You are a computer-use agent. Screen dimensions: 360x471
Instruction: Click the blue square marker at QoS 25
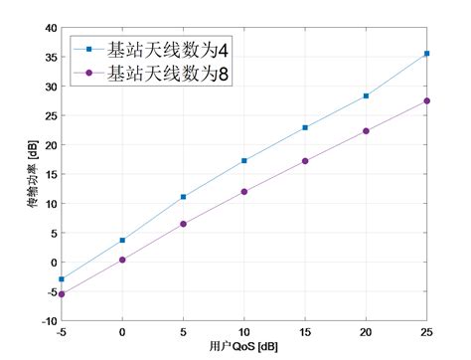point(427,54)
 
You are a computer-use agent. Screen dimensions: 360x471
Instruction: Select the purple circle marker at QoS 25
point(427,100)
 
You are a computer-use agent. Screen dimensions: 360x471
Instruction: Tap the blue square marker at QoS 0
point(122,240)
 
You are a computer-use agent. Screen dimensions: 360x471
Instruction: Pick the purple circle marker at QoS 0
point(122,260)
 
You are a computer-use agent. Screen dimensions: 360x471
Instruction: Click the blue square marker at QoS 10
point(244,160)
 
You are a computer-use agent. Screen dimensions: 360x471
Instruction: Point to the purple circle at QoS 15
point(305,161)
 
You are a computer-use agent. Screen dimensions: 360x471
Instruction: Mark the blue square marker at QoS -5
point(62,279)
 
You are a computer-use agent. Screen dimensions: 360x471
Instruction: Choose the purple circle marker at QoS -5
point(62,293)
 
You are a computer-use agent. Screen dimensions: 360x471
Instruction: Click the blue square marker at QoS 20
point(367,95)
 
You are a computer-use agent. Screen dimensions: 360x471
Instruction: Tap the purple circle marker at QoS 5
point(184,224)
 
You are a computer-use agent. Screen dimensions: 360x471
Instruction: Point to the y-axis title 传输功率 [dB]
point(33,175)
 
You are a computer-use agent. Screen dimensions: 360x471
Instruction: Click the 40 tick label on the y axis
point(51,28)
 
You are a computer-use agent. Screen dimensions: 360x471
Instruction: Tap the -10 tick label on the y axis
point(49,321)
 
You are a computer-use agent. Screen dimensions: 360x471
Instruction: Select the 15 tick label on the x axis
point(305,331)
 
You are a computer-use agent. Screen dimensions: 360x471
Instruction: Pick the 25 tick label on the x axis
point(427,331)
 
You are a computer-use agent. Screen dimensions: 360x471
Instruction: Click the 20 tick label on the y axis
point(51,145)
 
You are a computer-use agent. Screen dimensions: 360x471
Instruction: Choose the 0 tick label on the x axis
point(122,331)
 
